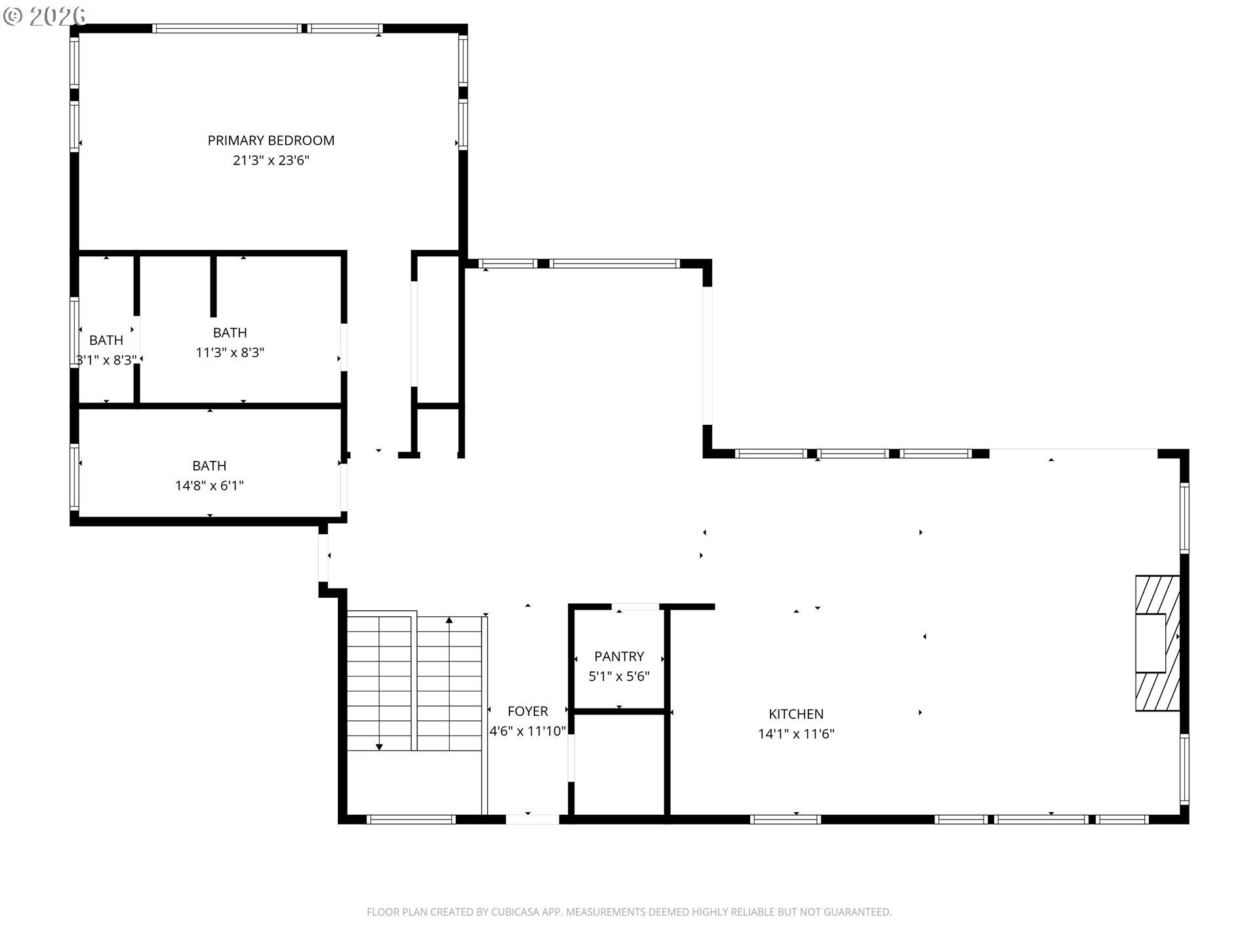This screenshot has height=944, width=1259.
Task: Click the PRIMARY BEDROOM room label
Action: pyautogui.click(x=271, y=140)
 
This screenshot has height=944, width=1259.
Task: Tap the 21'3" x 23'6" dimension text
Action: pyautogui.click(x=271, y=161)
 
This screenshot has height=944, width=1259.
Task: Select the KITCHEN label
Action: pyautogui.click(x=796, y=714)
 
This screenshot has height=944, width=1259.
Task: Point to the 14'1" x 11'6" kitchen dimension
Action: pyautogui.click(x=796, y=734)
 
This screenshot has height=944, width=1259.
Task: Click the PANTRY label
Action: pyautogui.click(x=619, y=656)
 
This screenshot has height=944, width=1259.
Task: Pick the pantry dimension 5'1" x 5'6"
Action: pyautogui.click(x=619, y=677)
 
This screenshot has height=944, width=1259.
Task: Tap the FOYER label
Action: pyautogui.click(x=528, y=711)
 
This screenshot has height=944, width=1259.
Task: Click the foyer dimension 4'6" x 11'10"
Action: pyautogui.click(x=528, y=731)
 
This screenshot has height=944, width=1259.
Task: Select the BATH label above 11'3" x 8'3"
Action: pyautogui.click(x=230, y=332)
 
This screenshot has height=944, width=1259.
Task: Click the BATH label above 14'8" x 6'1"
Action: pyautogui.click(x=209, y=466)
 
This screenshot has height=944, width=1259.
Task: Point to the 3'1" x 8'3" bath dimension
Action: pyautogui.click(x=106, y=360)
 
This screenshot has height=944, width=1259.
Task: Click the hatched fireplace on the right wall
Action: pyautogui.click(x=1158, y=643)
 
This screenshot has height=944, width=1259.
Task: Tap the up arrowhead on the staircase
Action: pyautogui.click(x=449, y=619)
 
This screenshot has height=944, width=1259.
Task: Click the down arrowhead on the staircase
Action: pyautogui.click(x=379, y=747)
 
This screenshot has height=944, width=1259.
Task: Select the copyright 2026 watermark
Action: pyautogui.click(x=45, y=16)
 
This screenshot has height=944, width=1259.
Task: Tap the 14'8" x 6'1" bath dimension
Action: pyautogui.click(x=209, y=486)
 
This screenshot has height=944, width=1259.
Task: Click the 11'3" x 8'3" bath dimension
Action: pyautogui.click(x=230, y=353)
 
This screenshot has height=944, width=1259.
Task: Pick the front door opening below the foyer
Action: pyautogui.click(x=532, y=819)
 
